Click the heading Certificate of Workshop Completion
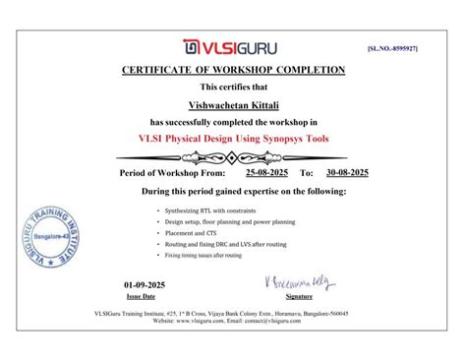pyautogui.click(x=233, y=70)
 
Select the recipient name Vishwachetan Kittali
pyautogui.click(x=233, y=103)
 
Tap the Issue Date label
pyautogui.click(x=141, y=295)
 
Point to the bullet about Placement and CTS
pyautogui.click(x=191, y=232)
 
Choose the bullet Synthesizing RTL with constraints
pyautogui.click(x=204, y=210)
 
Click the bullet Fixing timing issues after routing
pyautogui.click(x=203, y=255)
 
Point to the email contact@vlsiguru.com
pyautogui.click(x=274, y=321)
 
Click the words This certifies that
pyautogui.click(x=233, y=89)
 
